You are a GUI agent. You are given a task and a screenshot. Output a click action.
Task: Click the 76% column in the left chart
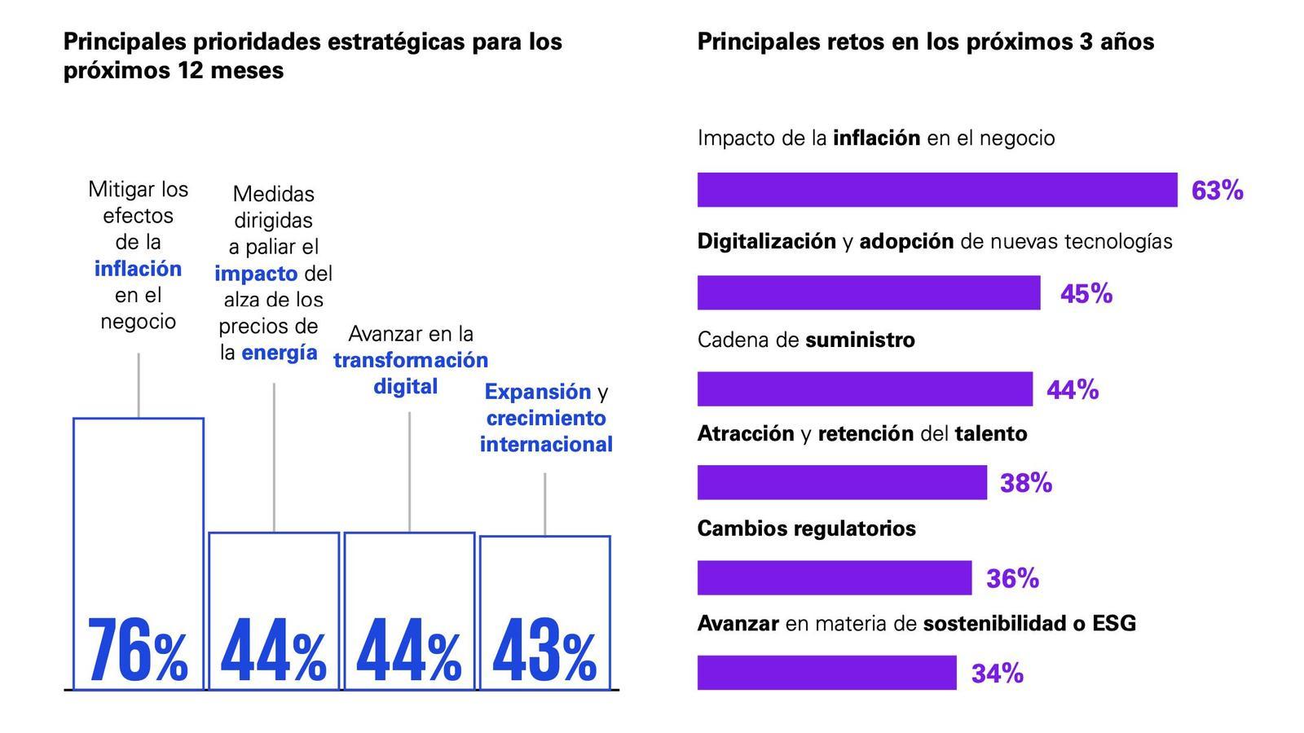click(x=139, y=554)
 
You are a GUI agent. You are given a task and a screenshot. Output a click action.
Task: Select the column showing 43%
click(x=544, y=611)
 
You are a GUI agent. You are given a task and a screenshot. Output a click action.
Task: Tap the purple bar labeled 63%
click(x=936, y=190)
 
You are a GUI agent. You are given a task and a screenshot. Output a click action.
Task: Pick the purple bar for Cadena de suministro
click(x=864, y=389)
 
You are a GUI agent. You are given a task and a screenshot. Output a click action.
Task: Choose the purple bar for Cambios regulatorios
click(x=834, y=578)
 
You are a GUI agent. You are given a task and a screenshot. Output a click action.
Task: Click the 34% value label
click(x=997, y=674)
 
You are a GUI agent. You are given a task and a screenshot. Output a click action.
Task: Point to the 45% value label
click(x=1086, y=293)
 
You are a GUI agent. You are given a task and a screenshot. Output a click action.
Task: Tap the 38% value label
click(x=1025, y=483)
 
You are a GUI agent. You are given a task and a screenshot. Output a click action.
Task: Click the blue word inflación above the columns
click(x=138, y=269)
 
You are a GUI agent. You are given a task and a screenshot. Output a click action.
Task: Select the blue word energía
click(x=280, y=353)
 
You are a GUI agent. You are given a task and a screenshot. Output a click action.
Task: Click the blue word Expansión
click(x=537, y=392)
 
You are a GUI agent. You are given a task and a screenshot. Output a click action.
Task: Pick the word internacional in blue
click(x=546, y=445)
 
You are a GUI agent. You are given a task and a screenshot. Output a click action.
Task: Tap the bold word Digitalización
click(x=766, y=241)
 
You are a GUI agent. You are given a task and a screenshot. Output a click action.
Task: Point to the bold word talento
click(x=990, y=433)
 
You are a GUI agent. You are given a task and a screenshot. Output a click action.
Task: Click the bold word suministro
click(x=860, y=340)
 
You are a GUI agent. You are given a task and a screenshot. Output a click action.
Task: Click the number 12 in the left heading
click(x=188, y=71)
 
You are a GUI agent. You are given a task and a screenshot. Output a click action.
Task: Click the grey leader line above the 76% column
click(x=139, y=384)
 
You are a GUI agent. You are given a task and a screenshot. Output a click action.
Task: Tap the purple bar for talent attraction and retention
click(x=841, y=483)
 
